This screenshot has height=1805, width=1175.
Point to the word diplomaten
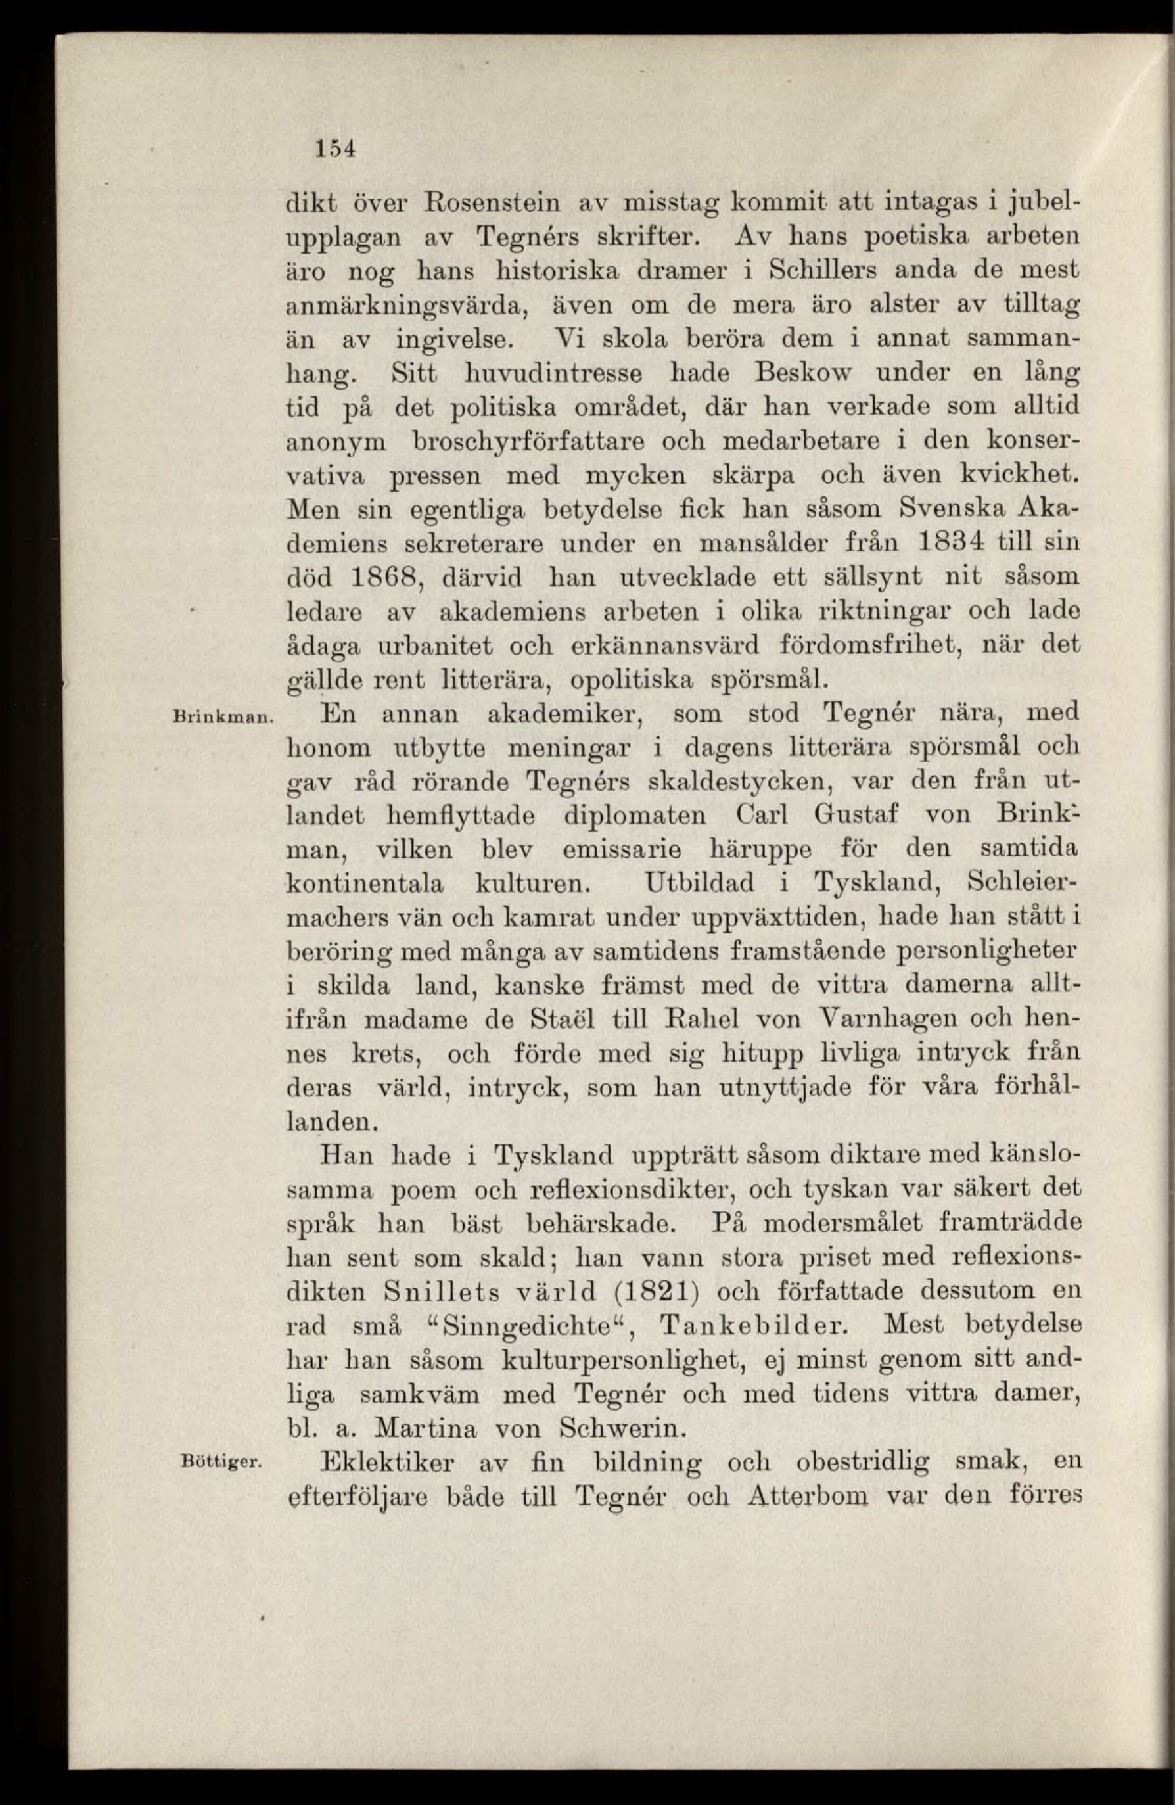coord(636,815)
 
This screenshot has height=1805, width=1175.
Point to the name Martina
coord(426,1426)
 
